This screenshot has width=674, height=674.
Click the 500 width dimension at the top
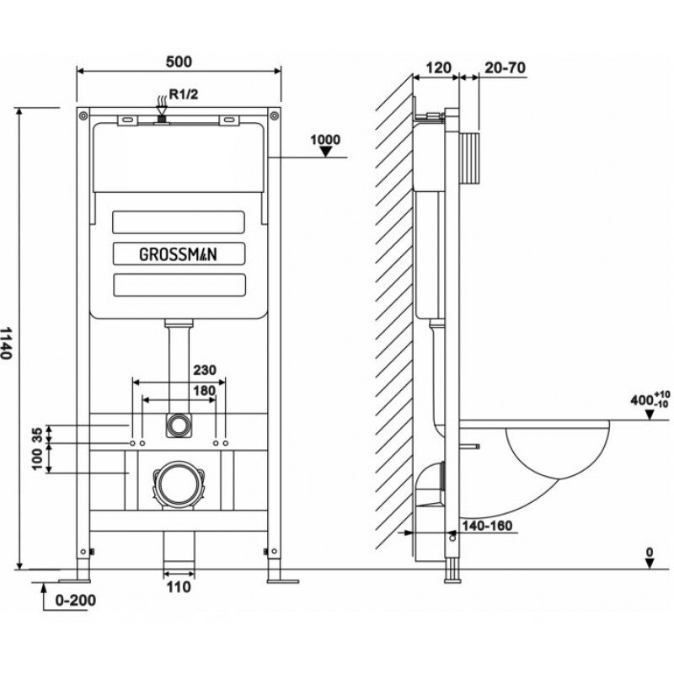pos(179,61)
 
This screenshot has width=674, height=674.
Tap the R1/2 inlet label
pos(184,95)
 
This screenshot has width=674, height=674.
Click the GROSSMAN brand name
pos(179,253)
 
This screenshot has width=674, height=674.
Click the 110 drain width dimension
pos(178,587)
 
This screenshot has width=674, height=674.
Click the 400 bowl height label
pos(643,399)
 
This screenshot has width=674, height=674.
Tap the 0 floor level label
pos(649,554)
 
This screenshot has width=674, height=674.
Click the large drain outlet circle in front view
pos(178,482)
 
